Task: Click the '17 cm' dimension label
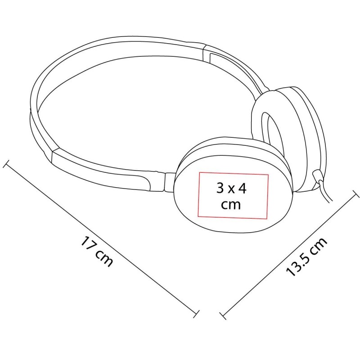pyautogui.click(x=97, y=252)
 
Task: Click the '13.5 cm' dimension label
pyautogui.click(x=306, y=256)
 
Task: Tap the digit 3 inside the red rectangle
pyautogui.click(x=220, y=188)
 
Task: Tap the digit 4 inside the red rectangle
pyautogui.click(x=242, y=188)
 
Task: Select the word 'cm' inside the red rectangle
pyautogui.click(x=231, y=205)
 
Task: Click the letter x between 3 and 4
pyautogui.click(x=231, y=189)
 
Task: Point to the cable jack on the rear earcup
pyautogui.click(x=318, y=175)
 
